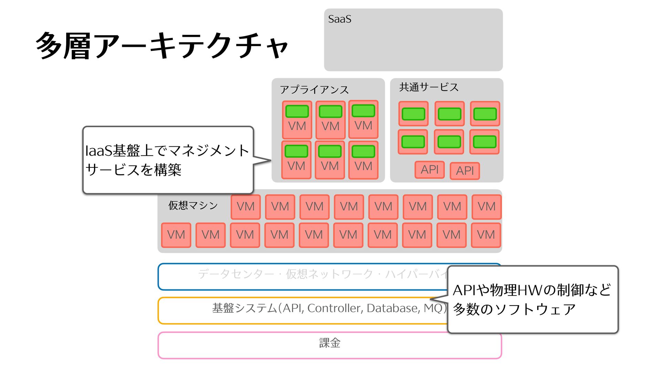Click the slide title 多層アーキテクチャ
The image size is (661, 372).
162,46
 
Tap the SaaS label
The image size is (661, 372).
339,19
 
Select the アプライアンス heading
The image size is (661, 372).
314,90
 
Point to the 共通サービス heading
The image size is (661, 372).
429,87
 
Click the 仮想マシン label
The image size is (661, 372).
193,206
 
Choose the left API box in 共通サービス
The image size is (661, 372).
429,169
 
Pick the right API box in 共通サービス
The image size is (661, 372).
465,170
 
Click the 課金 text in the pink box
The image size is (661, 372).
329,343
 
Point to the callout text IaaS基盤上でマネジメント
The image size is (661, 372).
167,151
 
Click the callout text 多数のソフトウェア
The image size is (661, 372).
514,309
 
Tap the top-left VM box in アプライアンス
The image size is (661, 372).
297,120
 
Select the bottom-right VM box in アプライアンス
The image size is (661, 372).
363,160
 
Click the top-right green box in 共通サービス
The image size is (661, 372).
485,114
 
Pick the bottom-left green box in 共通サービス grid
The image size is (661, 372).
413,142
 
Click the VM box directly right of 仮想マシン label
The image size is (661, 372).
245,207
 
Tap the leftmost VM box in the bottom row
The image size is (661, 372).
176,235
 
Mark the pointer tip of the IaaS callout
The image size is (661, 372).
271,160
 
